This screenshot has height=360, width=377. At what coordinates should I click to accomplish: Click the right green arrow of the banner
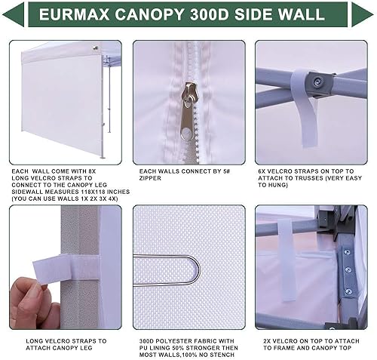pyautogui.click(x=361, y=14)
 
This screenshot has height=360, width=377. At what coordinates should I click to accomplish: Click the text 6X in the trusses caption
pyautogui.click(x=262, y=171)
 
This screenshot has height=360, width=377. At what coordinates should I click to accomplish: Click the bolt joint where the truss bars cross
pyautogui.click(x=320, y=81)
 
